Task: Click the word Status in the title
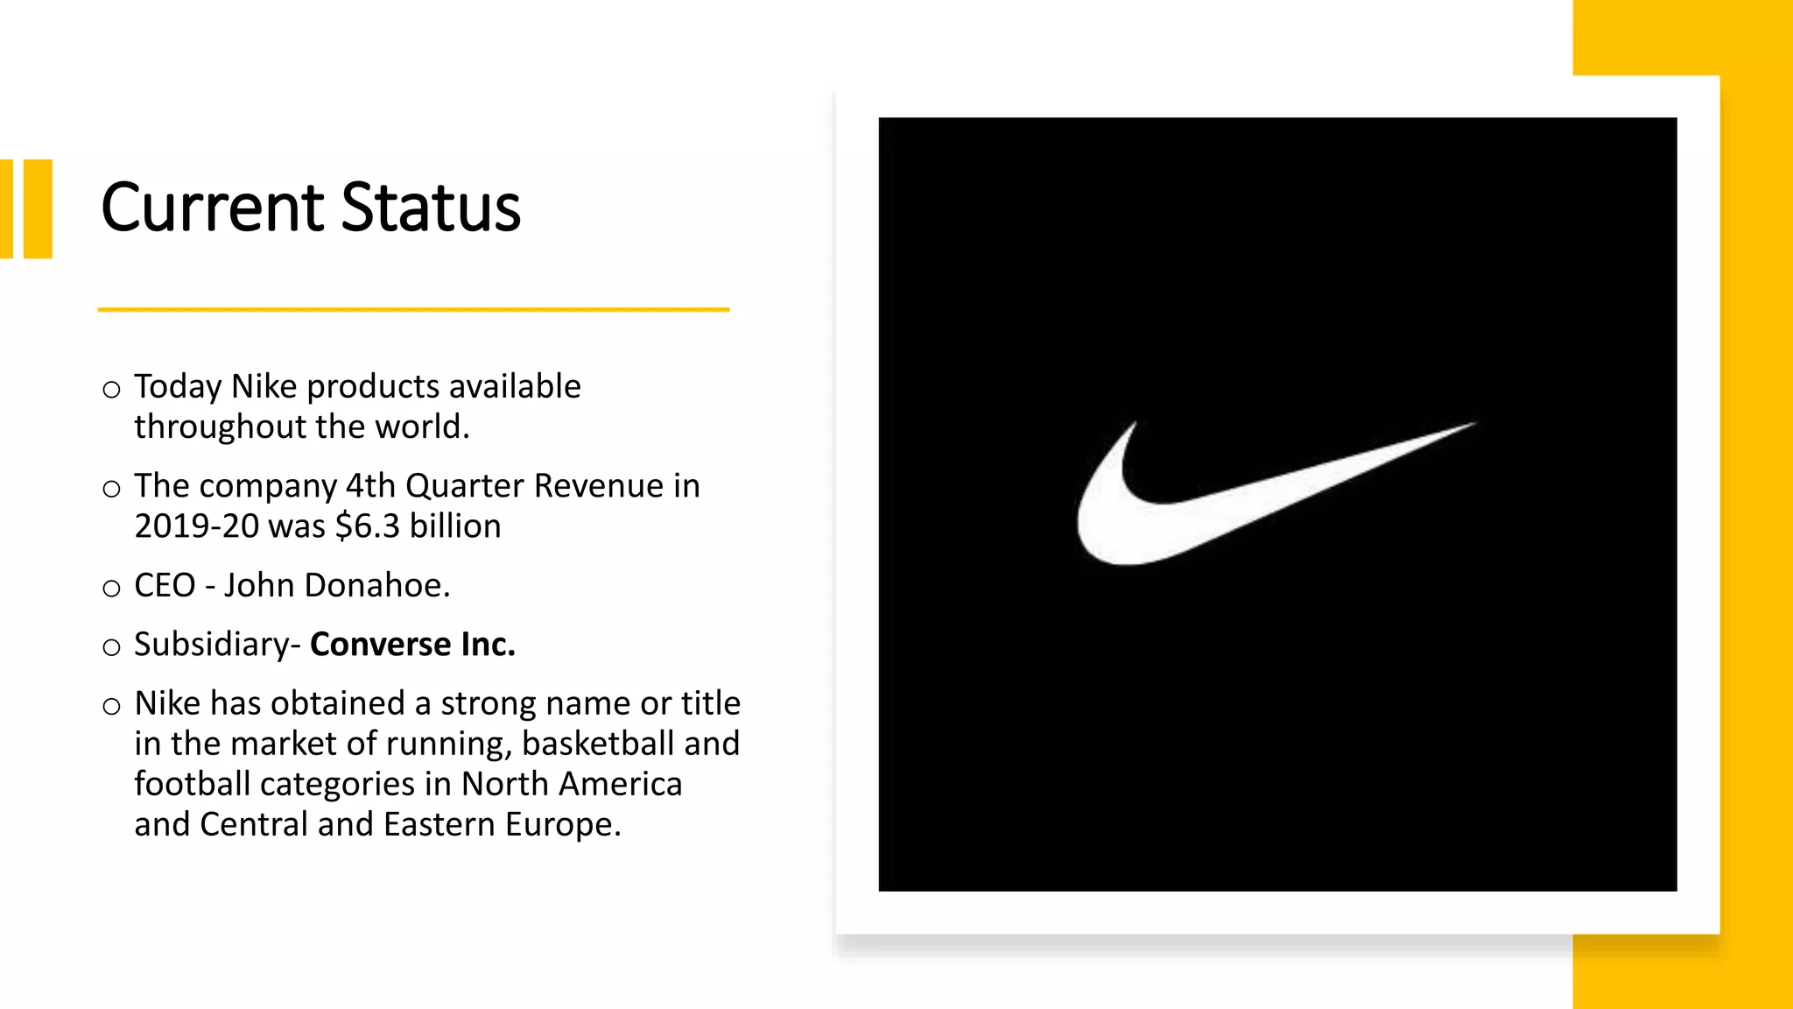(431, 208)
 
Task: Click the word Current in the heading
(213, 208)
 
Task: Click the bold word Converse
(380, 645)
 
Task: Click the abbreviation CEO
(165, 586)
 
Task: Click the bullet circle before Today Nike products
(111, 390)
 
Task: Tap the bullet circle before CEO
(111, 589)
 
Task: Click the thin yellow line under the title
(413, 309)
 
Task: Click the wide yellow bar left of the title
(38, 208)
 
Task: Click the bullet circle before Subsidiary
(111, 648)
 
